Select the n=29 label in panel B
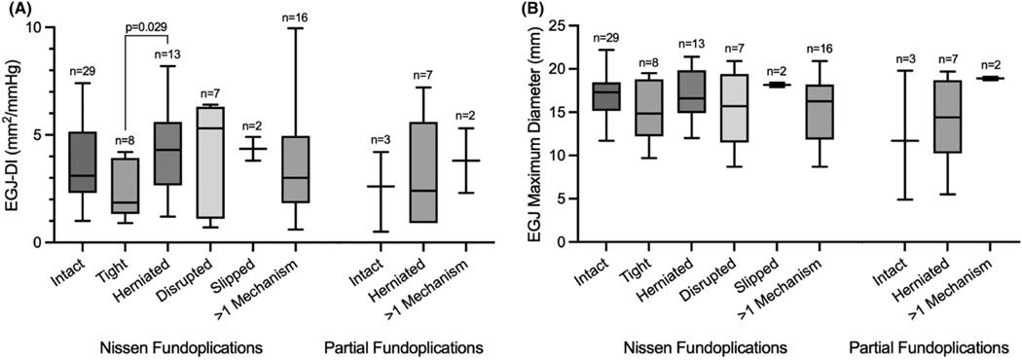608,38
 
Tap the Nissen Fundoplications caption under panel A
185,346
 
